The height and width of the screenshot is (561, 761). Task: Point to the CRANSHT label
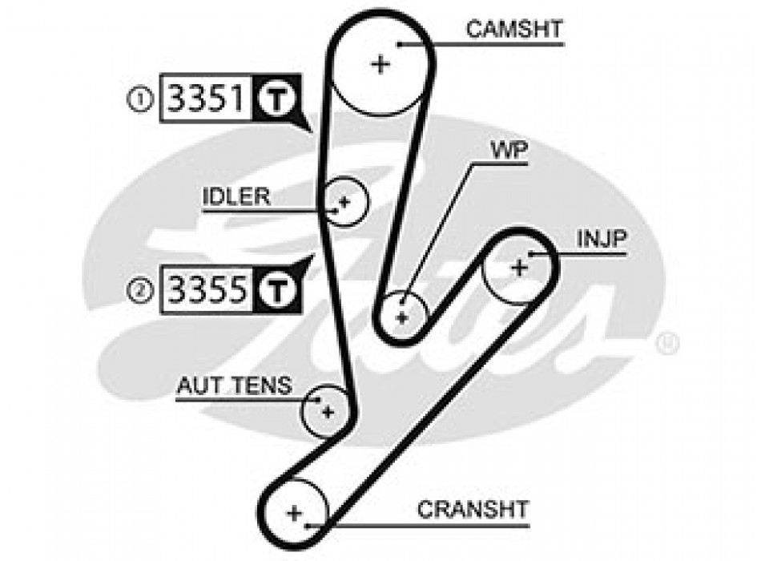click(473, 509)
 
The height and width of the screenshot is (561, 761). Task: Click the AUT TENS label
click(234, 386)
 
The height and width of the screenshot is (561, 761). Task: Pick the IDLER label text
click(236, 197)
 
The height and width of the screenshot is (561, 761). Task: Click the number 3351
click(204, 99)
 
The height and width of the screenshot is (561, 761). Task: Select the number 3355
click(204, 289)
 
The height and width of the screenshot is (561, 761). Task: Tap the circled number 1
click(142, 100)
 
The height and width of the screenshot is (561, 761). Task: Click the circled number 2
click(142, 290)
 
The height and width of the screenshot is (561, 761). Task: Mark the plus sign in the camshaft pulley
click(380, 64)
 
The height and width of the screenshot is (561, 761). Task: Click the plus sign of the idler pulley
click(344, 202)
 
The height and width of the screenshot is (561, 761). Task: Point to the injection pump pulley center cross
click(519, 267)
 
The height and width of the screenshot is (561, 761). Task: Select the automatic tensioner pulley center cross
click(327, 412)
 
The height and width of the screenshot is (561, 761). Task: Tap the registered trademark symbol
click(668, 345)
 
